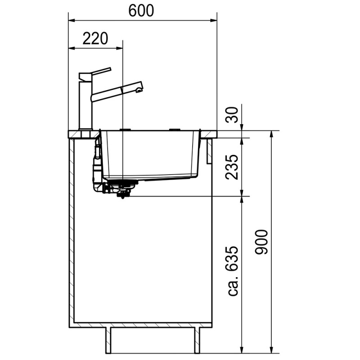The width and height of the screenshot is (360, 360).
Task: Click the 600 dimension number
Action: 141,10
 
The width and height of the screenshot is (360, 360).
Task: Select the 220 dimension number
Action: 95,38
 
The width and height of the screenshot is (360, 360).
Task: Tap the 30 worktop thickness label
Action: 232,115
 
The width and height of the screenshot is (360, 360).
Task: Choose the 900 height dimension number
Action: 261,242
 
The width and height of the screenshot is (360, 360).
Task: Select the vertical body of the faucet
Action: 85,106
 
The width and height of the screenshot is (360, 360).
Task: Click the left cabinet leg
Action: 108,341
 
